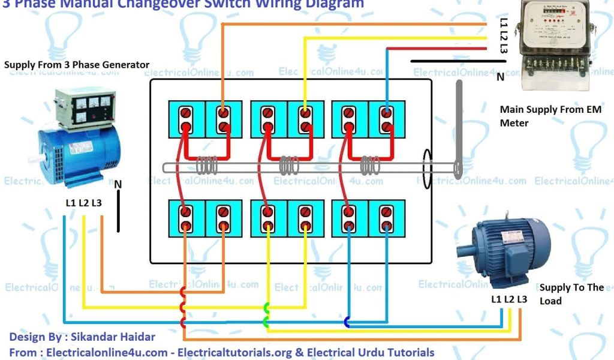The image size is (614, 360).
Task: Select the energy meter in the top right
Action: [552, 45]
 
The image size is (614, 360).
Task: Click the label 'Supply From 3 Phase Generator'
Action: [77, 65]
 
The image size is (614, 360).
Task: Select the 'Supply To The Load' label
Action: [571, 294]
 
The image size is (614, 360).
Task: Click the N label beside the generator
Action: [118, 184]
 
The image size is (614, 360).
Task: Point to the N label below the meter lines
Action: [500, 76]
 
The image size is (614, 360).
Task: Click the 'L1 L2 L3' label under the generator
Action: [83, 203]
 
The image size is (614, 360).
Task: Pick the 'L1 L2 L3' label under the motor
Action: [509, 299]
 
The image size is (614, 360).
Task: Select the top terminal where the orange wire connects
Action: [223, 112]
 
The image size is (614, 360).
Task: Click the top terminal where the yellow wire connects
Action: [305, 112]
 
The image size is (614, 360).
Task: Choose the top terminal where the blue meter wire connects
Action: [387, 112]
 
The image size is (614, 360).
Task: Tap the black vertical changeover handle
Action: [459, 129]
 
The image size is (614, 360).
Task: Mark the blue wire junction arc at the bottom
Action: [347, 322]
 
